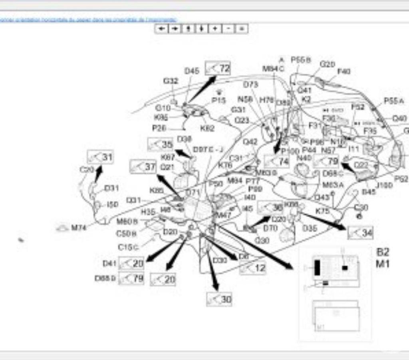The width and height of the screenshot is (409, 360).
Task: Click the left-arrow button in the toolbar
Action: click(x=161, y=28)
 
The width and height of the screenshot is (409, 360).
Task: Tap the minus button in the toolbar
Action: click(x=228, y=28)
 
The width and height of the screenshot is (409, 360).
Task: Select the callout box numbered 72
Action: click(x=218, y=68)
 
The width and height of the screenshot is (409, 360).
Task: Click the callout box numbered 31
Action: click(x=100, y=157)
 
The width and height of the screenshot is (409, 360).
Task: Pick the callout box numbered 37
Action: click(x=143, y=166)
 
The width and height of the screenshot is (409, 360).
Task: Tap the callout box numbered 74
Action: click(x=277, y=161)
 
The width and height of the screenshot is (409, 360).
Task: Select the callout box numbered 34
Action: click(x=360, y=233)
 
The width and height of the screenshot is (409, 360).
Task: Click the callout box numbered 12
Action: click(x=253, y=268)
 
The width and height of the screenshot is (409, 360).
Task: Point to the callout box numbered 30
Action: click(x=219, y=299)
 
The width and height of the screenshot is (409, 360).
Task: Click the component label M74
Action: click(x=79, y=228)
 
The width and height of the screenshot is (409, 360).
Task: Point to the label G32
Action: click(x=171, y=81)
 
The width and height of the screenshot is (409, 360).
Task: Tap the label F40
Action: click(x=343, y=71)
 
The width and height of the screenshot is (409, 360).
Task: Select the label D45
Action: click(x=192, y=71)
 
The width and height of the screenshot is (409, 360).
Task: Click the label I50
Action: click(x=113, y=205)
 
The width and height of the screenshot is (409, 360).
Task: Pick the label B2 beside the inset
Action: click(x=383, y=252)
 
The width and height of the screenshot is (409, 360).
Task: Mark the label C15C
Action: click(x=128, y=247)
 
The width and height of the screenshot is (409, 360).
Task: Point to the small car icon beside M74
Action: click(x=62, y=228)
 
